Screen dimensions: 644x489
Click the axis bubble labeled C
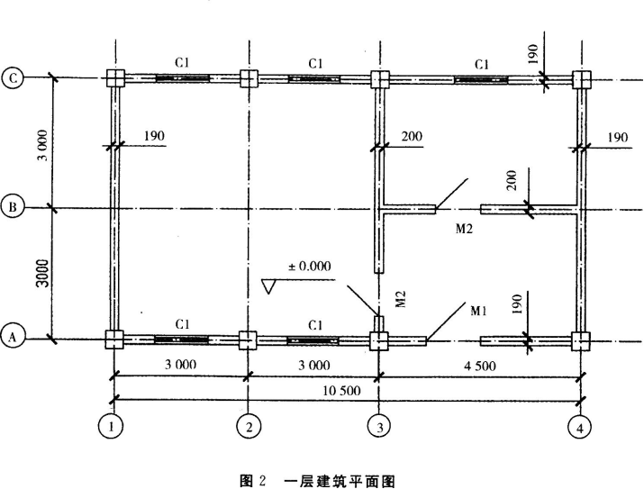tap(14, 78)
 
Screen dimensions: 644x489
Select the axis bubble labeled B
tap(14, 207)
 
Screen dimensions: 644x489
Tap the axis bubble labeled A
tap(13, 338)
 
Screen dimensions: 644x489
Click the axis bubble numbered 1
tap(111, 426)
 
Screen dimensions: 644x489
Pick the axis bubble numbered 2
tap(249, 426)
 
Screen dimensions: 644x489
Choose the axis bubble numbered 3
tap(379, 427)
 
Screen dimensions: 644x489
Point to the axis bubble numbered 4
tap(579, 428)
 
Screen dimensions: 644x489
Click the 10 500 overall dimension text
tap(341, 391)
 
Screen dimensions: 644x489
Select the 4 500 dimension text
tap(479, 365)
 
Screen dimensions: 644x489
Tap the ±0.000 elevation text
tap(310, 266)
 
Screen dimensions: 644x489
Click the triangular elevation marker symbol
tap(268, 286)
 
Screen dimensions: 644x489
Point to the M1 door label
tap(478, 311)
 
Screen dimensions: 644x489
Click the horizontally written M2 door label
tap(464, 229)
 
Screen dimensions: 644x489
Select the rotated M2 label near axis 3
tap(401, 299)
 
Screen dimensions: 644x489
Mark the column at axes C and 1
tap(115, 77)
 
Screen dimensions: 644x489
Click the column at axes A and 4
tap(581, 340)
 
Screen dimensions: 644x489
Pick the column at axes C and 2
tap(249, 78)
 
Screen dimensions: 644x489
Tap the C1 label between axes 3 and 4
tap(482, 65)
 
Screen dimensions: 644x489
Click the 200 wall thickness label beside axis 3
tap(412, 136)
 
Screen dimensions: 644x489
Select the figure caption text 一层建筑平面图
tap(340, 480)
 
